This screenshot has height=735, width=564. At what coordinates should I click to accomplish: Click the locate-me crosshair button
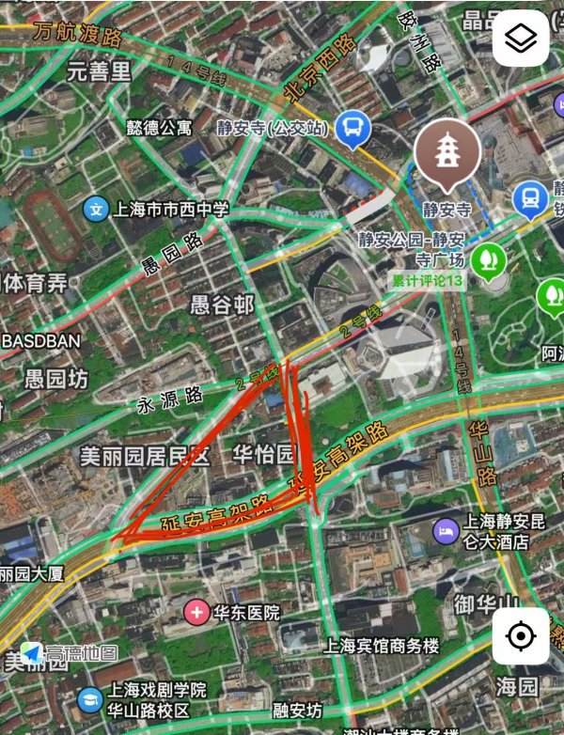521,636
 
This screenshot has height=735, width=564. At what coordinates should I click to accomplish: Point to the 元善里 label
100,70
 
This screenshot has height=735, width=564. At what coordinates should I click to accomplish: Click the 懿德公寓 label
159,125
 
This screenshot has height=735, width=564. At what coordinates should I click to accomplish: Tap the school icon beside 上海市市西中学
96,209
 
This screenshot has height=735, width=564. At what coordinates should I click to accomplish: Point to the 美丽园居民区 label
144,457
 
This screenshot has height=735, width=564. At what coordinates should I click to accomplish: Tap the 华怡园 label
263,455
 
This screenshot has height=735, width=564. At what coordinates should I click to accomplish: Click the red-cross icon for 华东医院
197,613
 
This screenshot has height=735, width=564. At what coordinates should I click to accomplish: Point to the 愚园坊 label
55,379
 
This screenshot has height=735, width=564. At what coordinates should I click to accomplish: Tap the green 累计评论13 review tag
428,281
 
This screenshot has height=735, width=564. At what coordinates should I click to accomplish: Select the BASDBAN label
41,341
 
